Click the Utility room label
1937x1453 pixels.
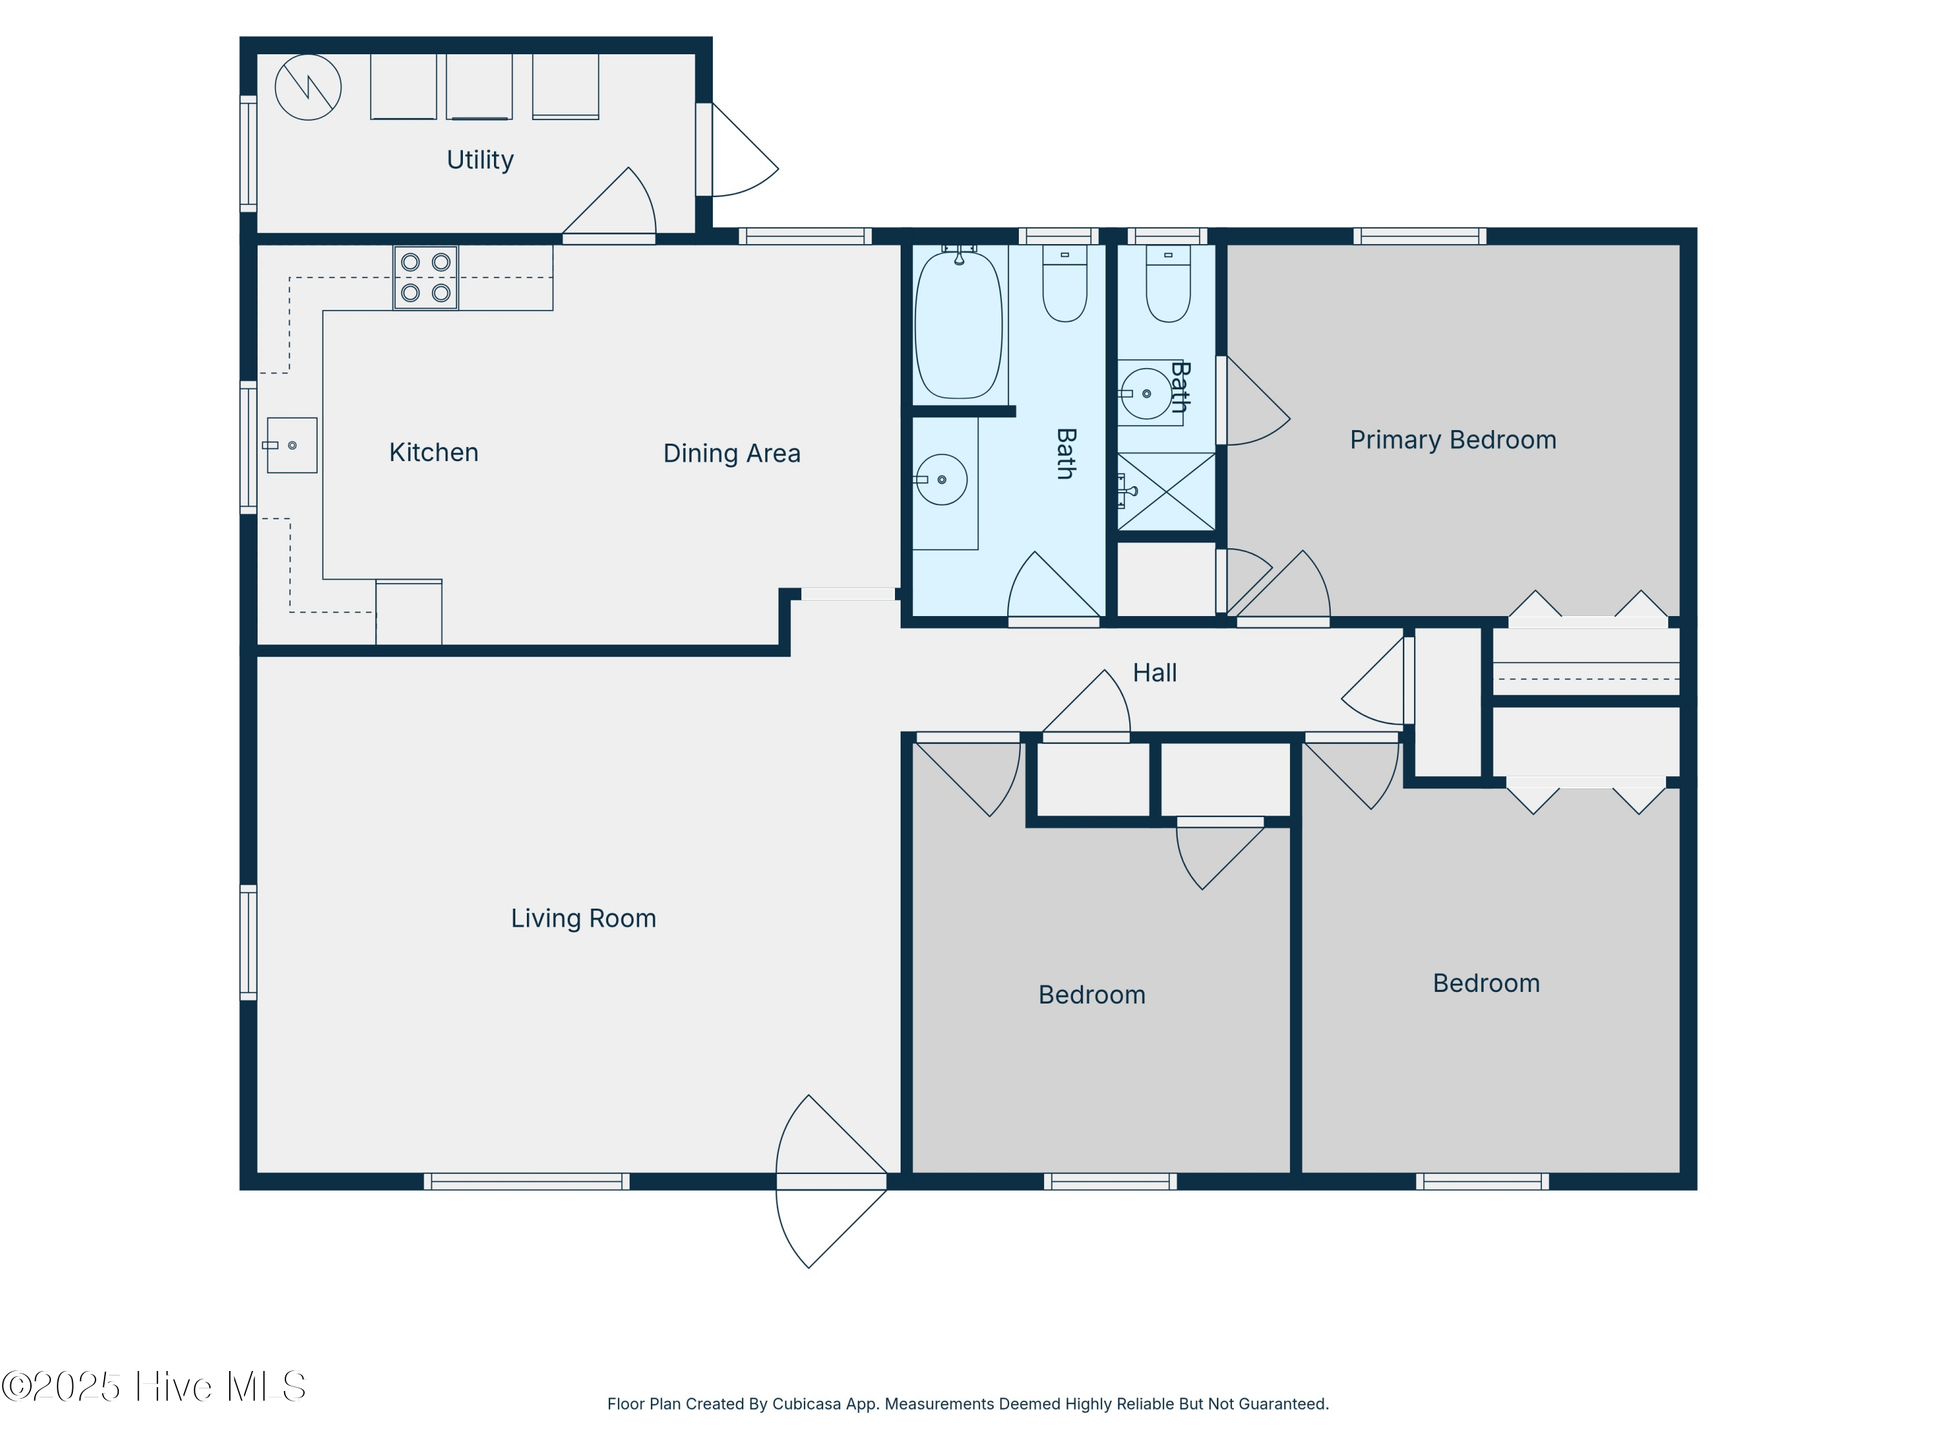click(480, 160)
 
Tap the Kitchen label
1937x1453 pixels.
click(433, 453)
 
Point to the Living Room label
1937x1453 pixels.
click(583, 919)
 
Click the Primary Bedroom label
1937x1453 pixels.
click(1453, 440)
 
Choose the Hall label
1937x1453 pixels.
click(1154, 673)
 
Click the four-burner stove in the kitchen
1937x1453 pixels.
click(425, 278)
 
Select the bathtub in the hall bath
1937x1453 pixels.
click(959, 324)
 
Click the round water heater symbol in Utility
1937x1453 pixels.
click(307, 88)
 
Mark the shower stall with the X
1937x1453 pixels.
click(1167, 491)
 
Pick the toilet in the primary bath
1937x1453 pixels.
click(1168, 283)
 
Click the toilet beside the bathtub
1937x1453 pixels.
click(1065, 283)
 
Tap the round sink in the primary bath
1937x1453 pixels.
click(1146, 393)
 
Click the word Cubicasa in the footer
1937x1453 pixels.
click(806, 1404)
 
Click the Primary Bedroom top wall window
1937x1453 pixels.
click(1419, 236)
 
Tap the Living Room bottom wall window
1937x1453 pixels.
click(526, 1182)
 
